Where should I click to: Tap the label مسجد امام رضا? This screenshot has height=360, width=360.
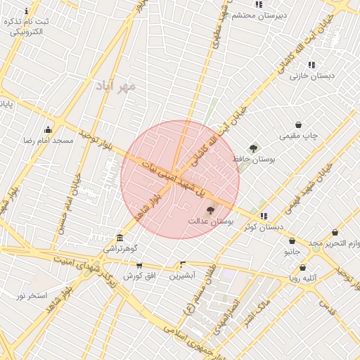pos(48,141)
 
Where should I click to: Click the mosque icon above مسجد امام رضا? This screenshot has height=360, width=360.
pos(48,129)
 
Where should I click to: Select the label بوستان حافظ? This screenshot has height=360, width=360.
pos(252,160)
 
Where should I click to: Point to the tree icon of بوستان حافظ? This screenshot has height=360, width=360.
pos(253,149)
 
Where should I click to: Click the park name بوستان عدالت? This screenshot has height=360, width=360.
pos(210,221)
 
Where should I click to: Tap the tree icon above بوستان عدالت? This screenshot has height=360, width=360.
pos(210,211)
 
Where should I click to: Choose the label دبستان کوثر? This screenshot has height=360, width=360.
pos(264,226)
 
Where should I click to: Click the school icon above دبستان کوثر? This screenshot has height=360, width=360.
pos(263,216)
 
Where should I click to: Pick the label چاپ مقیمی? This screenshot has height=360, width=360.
pos(299,135)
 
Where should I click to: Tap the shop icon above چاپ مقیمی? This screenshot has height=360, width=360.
pos(299,124)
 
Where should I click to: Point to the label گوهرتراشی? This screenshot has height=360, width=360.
pos(120,248)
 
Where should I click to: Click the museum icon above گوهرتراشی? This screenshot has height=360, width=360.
pos(120,238)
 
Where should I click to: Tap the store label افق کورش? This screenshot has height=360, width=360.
pos(139,276)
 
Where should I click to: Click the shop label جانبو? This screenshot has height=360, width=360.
pos(292,251)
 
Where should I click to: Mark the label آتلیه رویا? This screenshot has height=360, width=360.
pos(302,278)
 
